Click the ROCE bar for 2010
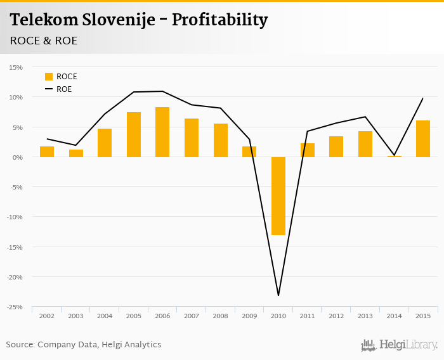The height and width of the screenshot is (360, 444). click(278, 196)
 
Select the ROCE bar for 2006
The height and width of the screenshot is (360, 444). click(162, 132)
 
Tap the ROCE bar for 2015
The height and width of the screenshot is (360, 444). click(423, 138)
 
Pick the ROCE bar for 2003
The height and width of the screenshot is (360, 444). click(76, 153)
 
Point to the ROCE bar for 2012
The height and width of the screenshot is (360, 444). click(336, 146)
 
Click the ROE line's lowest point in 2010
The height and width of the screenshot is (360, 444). click(278, 295)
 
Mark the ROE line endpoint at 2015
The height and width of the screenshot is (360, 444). click(423, 98)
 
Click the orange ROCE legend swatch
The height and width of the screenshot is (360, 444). click(49, 77)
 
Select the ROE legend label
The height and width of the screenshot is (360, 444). click(64, 89)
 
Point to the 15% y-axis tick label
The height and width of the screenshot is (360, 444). click(16, 67)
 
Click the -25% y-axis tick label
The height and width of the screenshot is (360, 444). click(15, 307)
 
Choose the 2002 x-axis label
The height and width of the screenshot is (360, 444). click(47, 316)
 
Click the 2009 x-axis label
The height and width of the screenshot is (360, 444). click(249, 316)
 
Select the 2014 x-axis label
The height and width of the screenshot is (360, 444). click(394, 316)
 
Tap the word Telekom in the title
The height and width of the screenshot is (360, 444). click(44, 20)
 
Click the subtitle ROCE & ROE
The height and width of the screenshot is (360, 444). click(44, 41)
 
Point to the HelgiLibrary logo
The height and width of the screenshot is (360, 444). click(400, 345)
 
